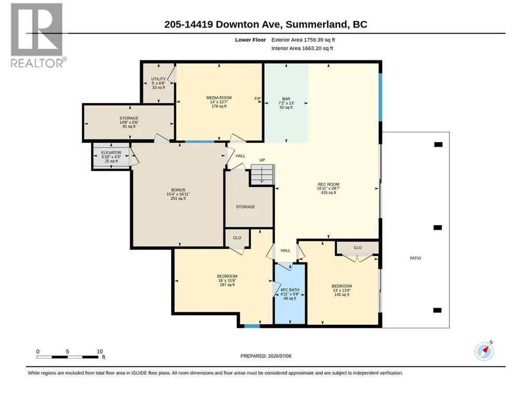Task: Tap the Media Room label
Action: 219,102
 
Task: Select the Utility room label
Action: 158,83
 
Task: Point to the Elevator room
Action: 111,157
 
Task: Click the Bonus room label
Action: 178,194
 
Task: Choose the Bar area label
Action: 286,103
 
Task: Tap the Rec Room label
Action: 329,188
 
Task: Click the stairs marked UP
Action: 262,174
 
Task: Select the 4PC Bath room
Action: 290,294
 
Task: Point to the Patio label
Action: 415,258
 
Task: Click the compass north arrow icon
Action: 484,351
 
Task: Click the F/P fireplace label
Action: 257,99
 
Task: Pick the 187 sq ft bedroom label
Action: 227,280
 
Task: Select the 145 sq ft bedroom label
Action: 342,290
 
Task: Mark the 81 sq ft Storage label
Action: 129,122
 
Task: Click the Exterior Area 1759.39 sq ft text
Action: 303,40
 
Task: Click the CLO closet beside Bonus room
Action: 237,238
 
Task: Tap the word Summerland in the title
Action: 317,24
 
